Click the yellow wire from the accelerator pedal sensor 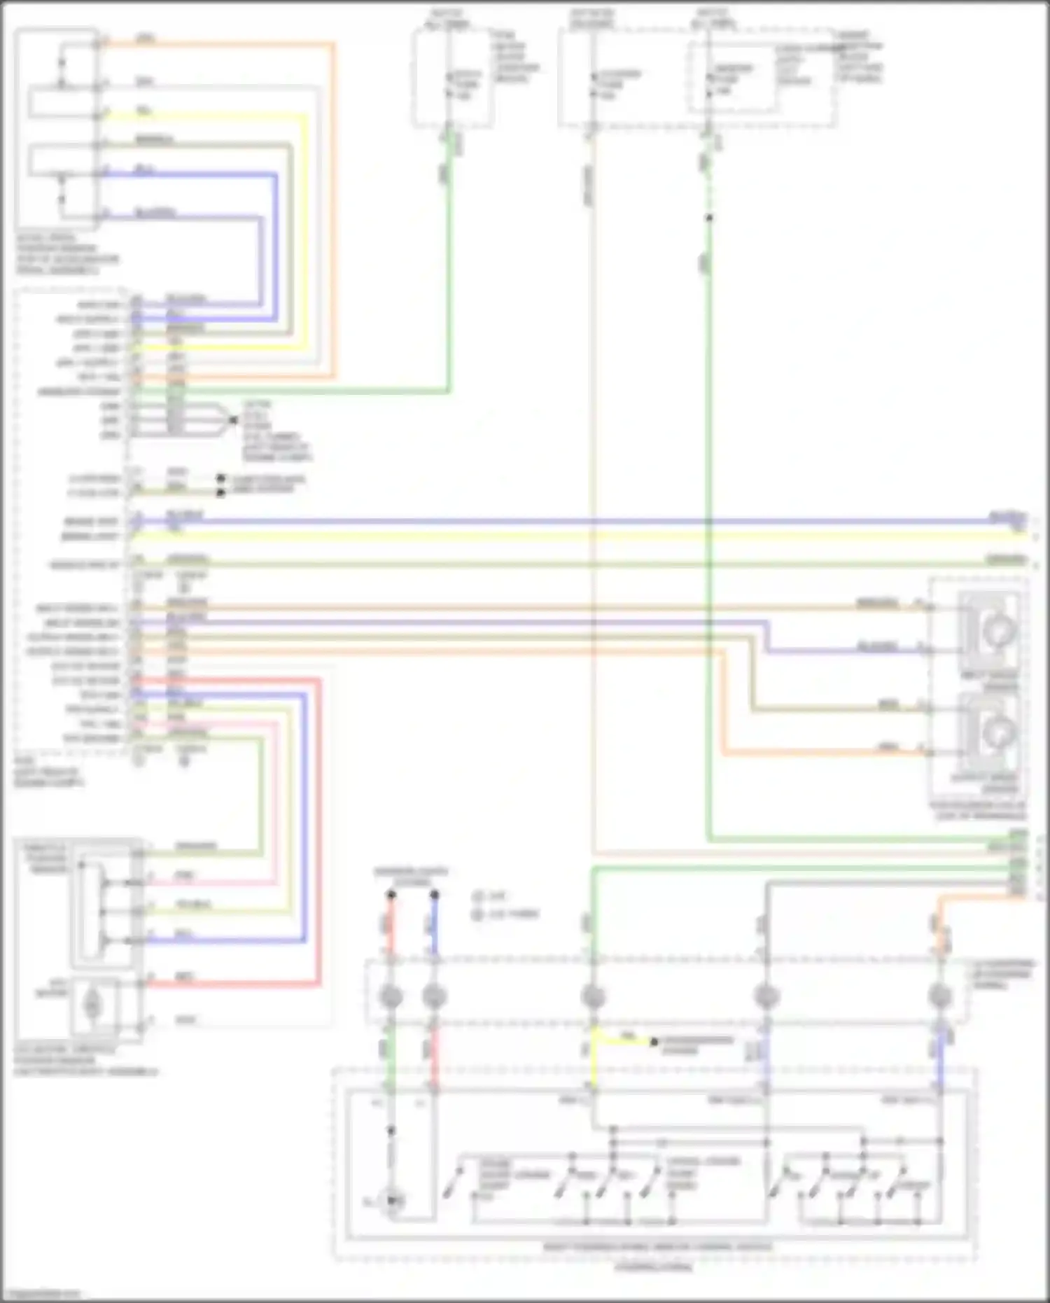point(210,116)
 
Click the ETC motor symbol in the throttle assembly point(92,1005)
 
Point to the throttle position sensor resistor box point(92,907)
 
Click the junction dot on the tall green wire point(708,218)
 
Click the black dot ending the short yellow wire point(654,1042)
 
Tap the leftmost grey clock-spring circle point(391,996)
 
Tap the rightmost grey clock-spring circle point(939,996)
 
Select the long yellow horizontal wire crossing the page point(560,536)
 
